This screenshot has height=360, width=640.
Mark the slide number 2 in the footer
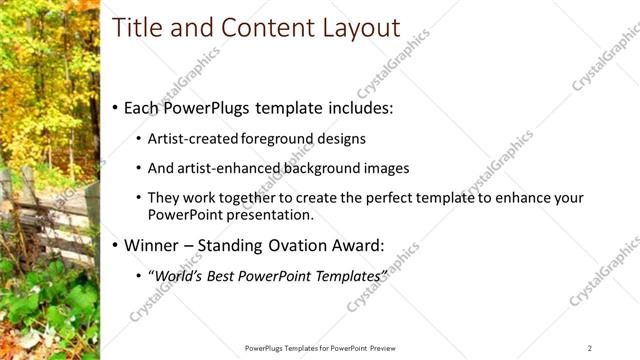point(590,348)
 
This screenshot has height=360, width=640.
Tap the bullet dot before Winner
point(115,245)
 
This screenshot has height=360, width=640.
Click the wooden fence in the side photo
point(60,215)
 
